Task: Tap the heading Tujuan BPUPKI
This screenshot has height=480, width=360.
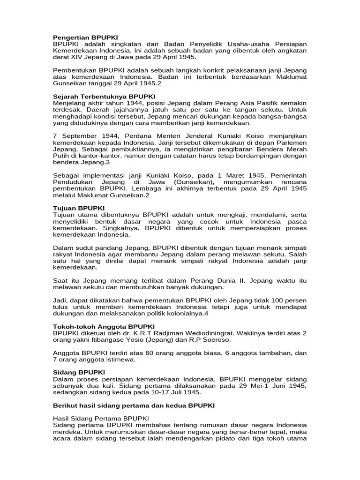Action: point(79,208)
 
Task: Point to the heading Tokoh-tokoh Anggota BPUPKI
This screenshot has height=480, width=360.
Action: point(104,326)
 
